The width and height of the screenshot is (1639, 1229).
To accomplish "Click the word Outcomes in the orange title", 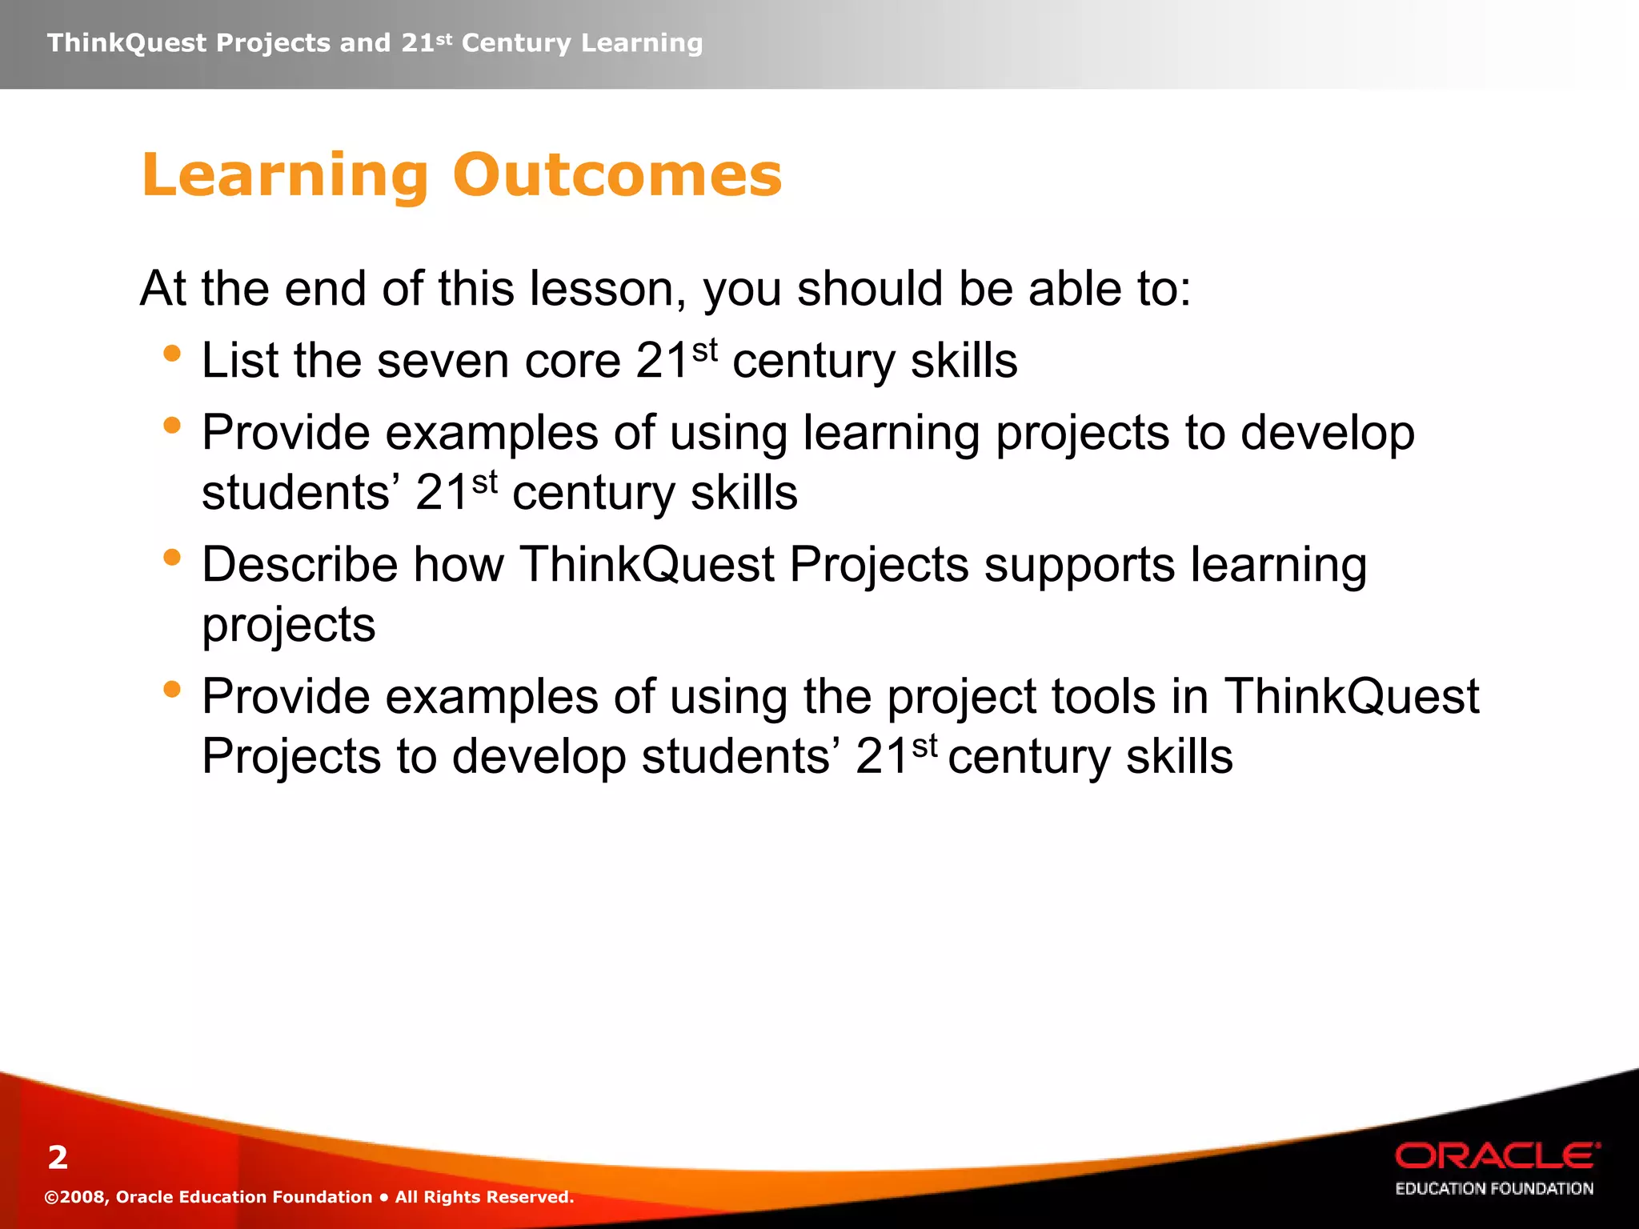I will pyautogui.click(x=617, y=175).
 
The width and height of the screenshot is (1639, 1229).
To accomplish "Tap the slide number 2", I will pyautogui.click(x=58, y=1157).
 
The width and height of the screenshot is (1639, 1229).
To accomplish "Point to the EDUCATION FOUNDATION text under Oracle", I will pyautogui.click(x=1494, y=1189).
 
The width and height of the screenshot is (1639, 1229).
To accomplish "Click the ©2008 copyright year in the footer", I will pyautogui.click(x=75, y=1197).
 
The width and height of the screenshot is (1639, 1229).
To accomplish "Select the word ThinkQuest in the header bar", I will pyautogui.click(x=126, y=42).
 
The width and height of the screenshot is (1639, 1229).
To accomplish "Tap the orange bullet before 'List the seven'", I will pyautogui.click(x=171, y=353).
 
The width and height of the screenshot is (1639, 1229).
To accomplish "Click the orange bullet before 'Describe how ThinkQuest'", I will pyautogui.click(x=171, y=557).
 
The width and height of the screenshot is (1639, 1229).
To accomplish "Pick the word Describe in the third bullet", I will pyautogui.click(x=300, y=565).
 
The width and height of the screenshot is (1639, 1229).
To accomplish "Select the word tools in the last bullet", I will pyautogui.click(x=1104, y=697).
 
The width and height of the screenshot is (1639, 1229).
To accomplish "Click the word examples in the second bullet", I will pyautogui.click(x=491, y=434).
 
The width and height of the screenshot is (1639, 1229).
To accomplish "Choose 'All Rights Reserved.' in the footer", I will pyautogui.click(x=484, y=1197).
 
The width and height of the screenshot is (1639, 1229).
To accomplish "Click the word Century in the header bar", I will pyautogui.click(x=516, y=42).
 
